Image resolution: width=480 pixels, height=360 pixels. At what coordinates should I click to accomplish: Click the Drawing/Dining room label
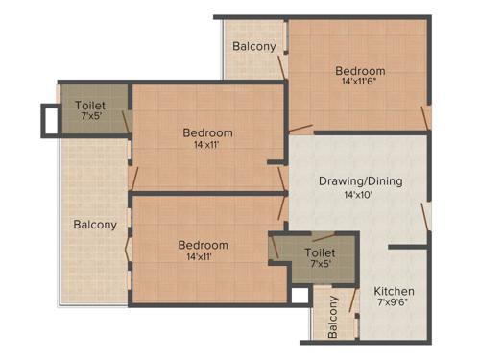click(x=360, y=180)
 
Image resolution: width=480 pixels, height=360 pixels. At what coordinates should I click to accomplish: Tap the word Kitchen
click(x=394, y=291)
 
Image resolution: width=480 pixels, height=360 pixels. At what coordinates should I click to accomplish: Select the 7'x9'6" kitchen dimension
click(x=394, y=304)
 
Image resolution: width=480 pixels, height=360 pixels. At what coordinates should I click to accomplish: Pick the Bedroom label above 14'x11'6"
click(x=360, y=70)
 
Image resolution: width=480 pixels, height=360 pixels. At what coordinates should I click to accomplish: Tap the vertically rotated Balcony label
click(x=333, y=318)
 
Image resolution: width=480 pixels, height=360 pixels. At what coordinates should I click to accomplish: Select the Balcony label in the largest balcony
click(x=95, y=225)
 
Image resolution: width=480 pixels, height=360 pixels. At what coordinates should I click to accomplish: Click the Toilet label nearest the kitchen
click(x=320, y=252)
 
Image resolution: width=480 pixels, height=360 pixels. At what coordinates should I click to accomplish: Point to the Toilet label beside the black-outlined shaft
click(x=91, y=106)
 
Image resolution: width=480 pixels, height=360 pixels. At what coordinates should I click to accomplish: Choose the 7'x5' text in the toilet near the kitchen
click(x=320, y=265)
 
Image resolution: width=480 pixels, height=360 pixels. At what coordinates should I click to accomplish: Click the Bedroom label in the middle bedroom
click(x=207, y=132)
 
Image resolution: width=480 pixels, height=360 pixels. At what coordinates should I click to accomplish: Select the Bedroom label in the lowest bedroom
click(x=203, y=245)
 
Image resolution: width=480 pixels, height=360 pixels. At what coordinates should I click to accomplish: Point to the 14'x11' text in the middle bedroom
click(x=207, y=145)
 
